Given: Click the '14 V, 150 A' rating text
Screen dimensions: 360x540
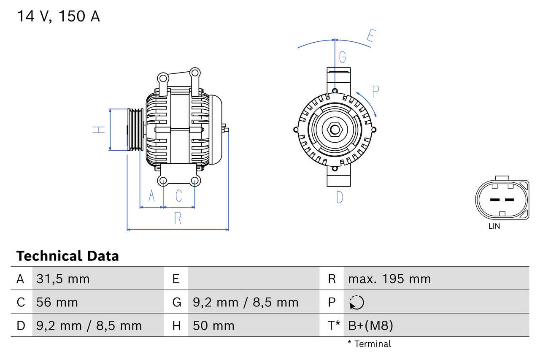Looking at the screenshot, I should (58, 16).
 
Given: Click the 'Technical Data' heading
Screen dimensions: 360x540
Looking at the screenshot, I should (67, 256).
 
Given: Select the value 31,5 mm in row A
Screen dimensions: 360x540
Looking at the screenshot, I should (63, 279).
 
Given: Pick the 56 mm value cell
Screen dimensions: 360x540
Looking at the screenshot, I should (57, 302).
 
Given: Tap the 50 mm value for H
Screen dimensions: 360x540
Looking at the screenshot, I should (213, 325).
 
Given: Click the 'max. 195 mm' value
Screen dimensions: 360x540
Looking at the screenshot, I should (389, 279).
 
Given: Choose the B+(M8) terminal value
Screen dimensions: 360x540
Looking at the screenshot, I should (370, 325).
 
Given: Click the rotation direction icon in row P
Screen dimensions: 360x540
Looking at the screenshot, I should (356, 302).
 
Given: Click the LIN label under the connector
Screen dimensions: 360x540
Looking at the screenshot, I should (494, 226).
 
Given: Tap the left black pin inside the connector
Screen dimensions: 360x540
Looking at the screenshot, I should (494, 200).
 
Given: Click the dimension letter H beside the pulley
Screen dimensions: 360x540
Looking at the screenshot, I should (99, 130).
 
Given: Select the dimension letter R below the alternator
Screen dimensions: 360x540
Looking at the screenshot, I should (178, 218).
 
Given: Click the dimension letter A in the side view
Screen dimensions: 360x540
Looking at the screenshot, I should (152, 196).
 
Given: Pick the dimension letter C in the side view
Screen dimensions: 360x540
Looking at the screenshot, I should (179, 196).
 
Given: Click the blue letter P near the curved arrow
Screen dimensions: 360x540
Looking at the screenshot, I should (375, 91).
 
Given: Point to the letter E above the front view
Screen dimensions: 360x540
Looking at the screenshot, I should (370, 36).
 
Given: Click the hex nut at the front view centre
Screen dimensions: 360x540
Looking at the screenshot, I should (335, 130).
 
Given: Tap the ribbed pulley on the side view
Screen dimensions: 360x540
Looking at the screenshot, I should (135, 130).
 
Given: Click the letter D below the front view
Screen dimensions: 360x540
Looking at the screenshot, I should (340, 197).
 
